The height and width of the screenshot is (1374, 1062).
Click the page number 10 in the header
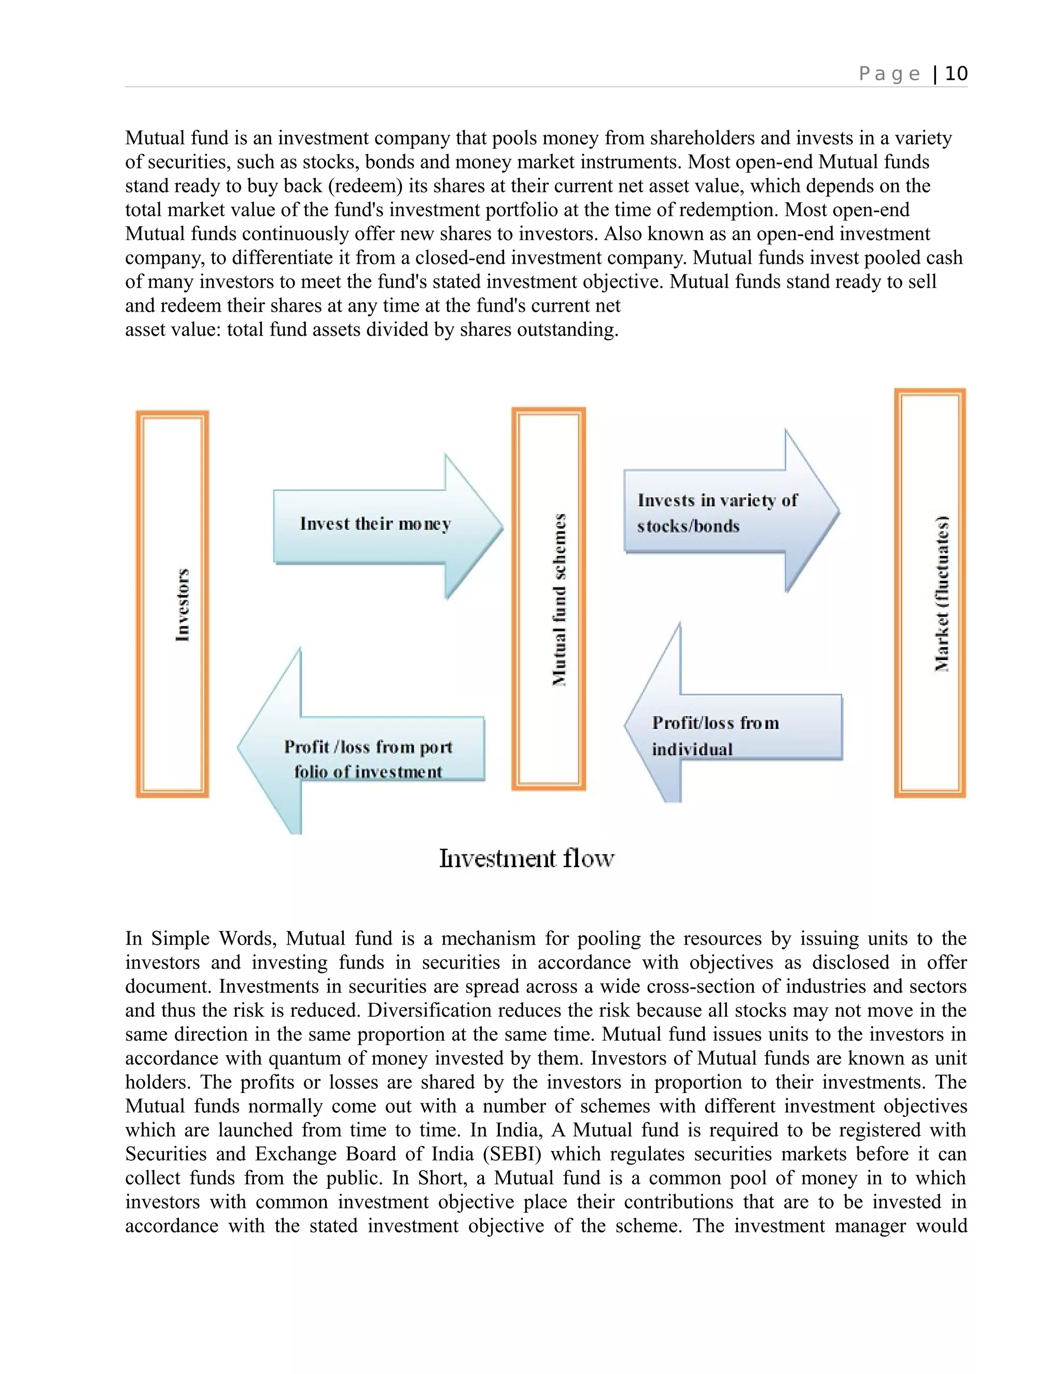pyautogui.click(x=956, y=74)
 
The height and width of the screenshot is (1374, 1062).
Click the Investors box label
pyautogui.click(x=182, y=605)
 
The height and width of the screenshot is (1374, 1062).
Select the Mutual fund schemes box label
pyautogui.click(x=558, y=599)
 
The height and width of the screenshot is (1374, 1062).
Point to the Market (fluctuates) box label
pyautogui.click(x=941, y=593)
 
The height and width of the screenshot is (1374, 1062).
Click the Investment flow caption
pyautogui.click(x=526, y=858)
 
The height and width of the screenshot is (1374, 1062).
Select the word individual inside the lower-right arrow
pyautogui.click(x=692, y=749)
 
